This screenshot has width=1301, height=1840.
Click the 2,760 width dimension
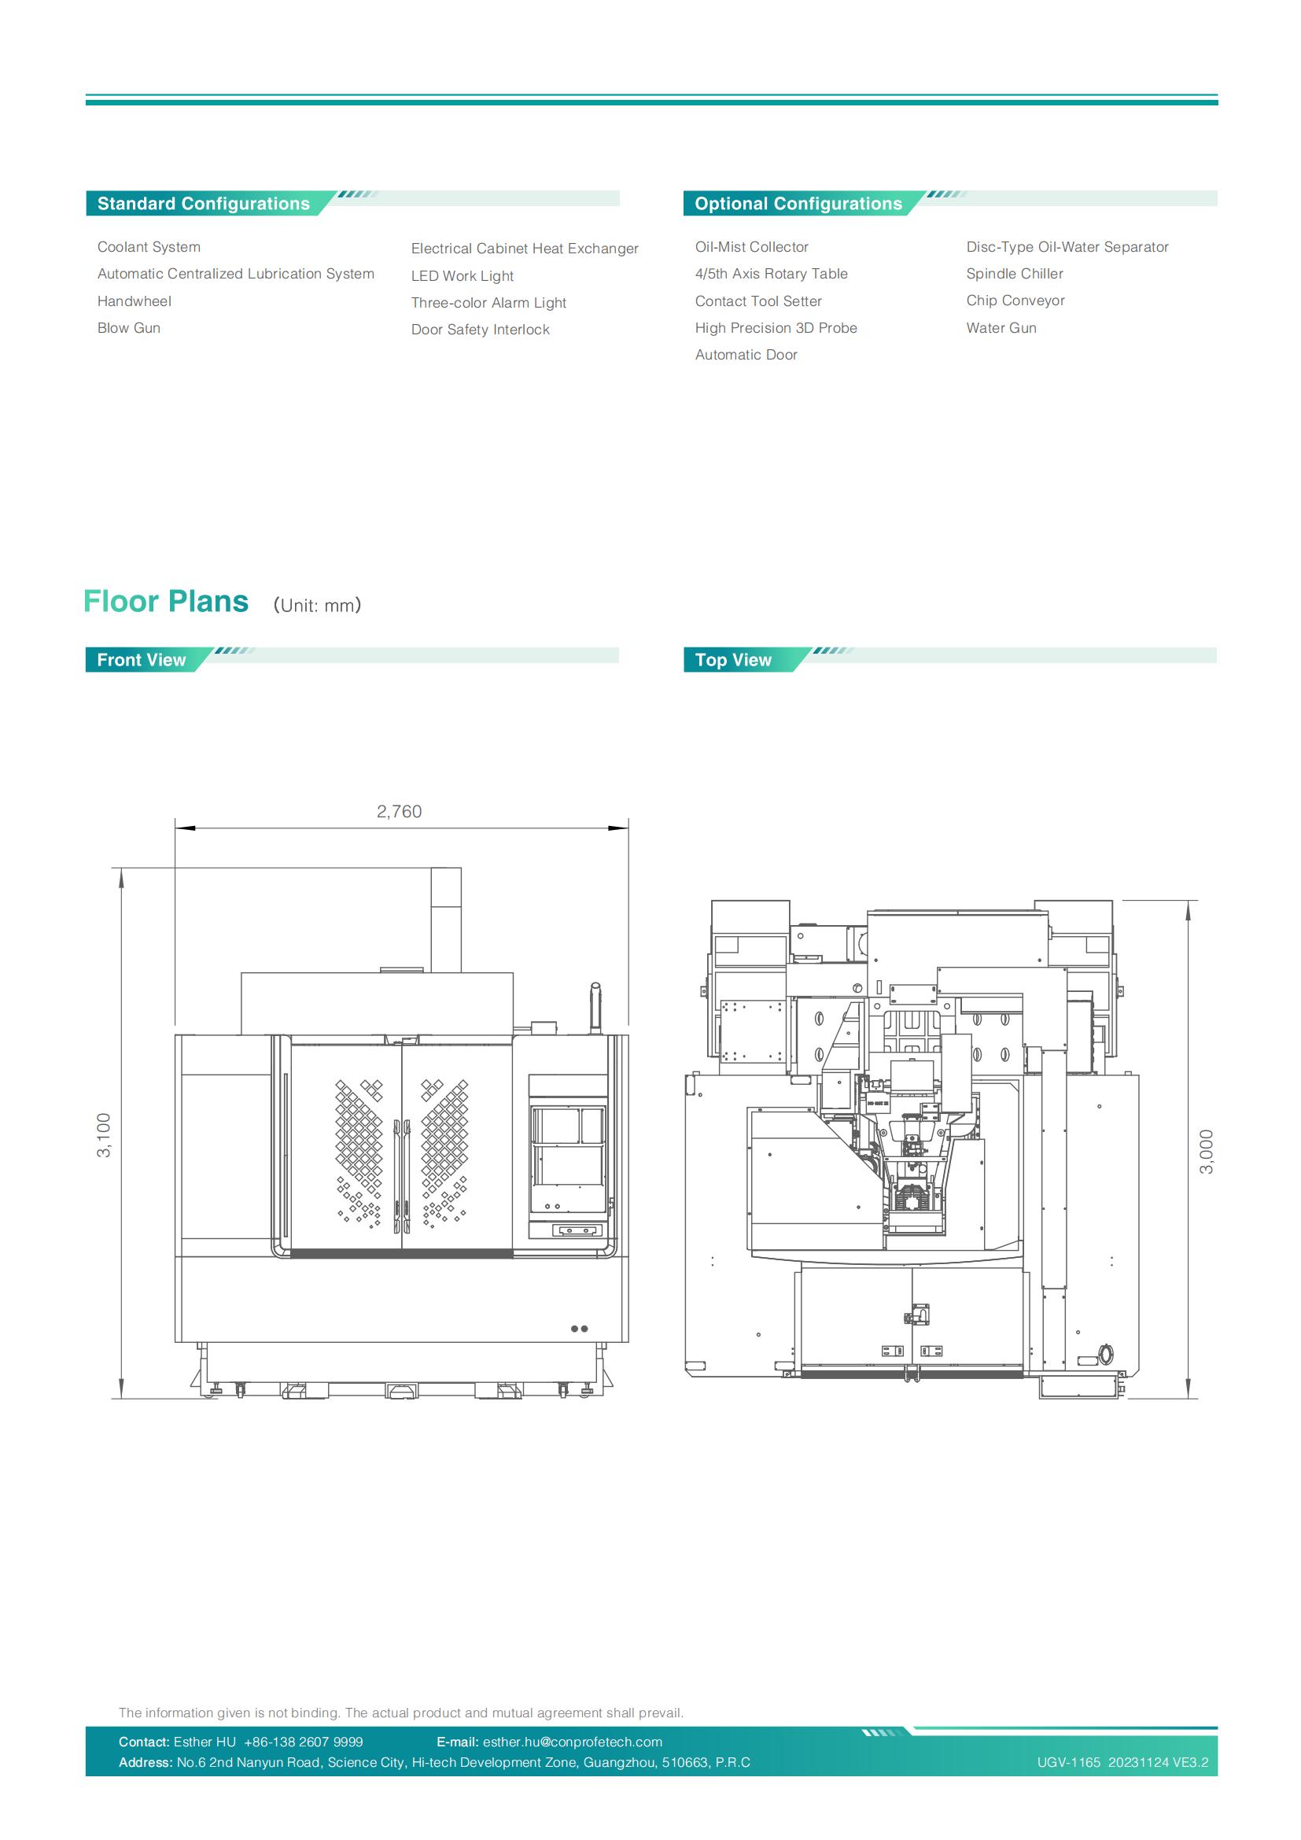pos(399,812)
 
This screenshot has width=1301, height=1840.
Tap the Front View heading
pos(141,659)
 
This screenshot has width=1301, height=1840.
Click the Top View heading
pos(733,659)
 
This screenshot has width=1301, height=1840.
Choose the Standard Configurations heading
pos(204,204)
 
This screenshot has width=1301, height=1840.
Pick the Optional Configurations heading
pos(798,204)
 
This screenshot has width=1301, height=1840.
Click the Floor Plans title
pos(166,601)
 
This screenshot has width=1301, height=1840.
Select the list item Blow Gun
pos(129,328)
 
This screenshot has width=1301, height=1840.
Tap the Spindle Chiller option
pos(1015,274)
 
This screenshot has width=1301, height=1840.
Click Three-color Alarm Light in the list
pos(488,303)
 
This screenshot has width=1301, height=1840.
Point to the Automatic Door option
pos(746,355)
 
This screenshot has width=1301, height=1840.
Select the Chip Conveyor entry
pos(1015,301)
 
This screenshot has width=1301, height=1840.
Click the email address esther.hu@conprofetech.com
pos(572,1742)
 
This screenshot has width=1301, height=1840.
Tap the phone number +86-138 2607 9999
pos(304,1742)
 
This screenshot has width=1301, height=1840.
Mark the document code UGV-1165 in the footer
pos(1069,1762)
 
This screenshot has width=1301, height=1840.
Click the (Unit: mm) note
pos(317,605)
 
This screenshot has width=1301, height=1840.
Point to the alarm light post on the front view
pos(595,1008)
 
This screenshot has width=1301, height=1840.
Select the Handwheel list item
pos(135,301)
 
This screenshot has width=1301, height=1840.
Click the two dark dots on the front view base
pos(579,1329)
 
